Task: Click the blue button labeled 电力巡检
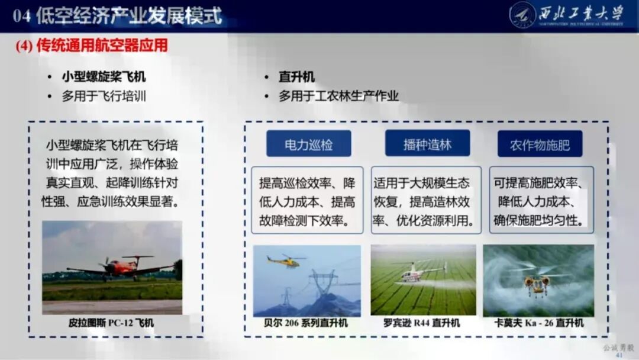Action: point(308,144)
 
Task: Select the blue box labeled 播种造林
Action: point(427,144)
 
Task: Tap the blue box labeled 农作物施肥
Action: point(540,144)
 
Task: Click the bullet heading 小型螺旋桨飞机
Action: point(104,77)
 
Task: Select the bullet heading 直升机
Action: point(296,77)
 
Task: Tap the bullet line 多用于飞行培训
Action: point(104,96)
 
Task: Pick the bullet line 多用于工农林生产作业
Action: point(339,96)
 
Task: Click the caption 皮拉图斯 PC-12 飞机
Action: point(111,323)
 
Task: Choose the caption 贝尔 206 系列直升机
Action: point(306,323)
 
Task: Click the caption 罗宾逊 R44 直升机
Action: point(422,323)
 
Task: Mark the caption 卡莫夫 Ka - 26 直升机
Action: point(538,323)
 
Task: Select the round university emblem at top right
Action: point(522,15)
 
